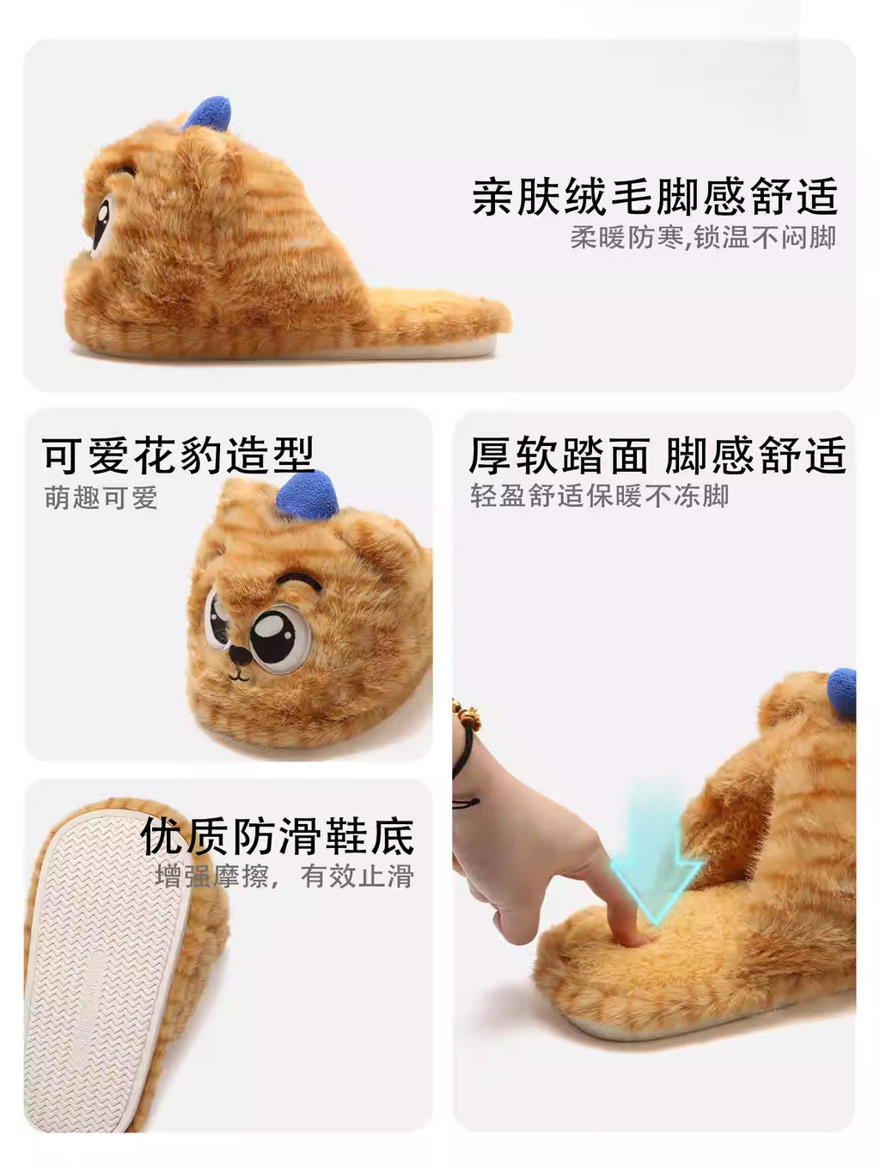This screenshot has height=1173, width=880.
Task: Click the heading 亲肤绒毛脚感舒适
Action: (655, 196)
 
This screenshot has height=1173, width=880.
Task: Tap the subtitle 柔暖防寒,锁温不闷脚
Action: (703, 237)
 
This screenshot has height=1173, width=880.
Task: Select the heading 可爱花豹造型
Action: (179, 455)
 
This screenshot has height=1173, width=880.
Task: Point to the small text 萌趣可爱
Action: (101, 498)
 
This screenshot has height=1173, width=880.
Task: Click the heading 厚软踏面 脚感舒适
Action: (657, 455)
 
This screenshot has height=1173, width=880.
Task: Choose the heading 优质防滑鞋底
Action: (278, 836)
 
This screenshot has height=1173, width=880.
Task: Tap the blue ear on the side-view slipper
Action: (208, 113)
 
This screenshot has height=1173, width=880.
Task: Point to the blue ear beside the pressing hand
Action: (842, 692)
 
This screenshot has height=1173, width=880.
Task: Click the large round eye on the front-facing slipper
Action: (280, 638)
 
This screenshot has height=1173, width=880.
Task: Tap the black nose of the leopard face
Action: (240, 655)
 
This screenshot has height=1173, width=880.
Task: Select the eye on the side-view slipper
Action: (101, 223)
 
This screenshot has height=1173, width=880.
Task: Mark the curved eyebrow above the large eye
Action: (299, 579)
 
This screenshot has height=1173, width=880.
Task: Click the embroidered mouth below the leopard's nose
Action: (238, 676)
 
